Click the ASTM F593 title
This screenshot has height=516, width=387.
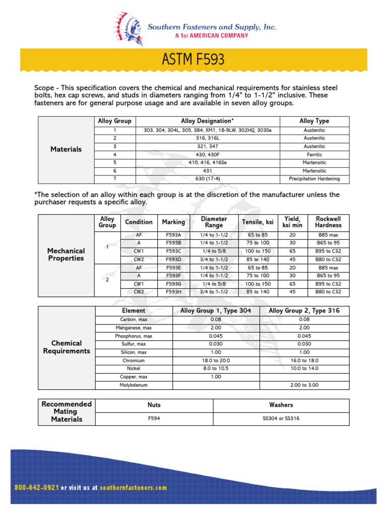click(x=193, y=60)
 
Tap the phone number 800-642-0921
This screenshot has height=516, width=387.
click(x=37, y=488)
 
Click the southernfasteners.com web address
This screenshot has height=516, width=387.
click(x=133, y=488)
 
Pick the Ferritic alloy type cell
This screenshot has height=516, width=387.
click(x=314, y=155)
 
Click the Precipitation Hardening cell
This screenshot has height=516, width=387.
click(x=314, y=179)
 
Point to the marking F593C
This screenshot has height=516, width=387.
click(x=173, y=251)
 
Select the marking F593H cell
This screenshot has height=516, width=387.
click(x=173, y=292)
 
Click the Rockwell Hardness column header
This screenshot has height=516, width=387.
click(x=328, y=222)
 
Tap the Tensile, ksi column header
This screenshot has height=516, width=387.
click(x=257, y=222)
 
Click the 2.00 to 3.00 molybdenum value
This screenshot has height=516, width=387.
click(x=304, y=385)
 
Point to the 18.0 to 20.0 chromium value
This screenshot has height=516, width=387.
click(x=216, y=361)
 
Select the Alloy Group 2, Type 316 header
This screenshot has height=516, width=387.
click(x=304, y=311)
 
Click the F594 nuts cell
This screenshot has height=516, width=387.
click(x=154, y=418)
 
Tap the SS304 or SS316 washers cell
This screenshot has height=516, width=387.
click(x=281, y=418)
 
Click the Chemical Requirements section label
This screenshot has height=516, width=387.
click(x=67, y=347)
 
